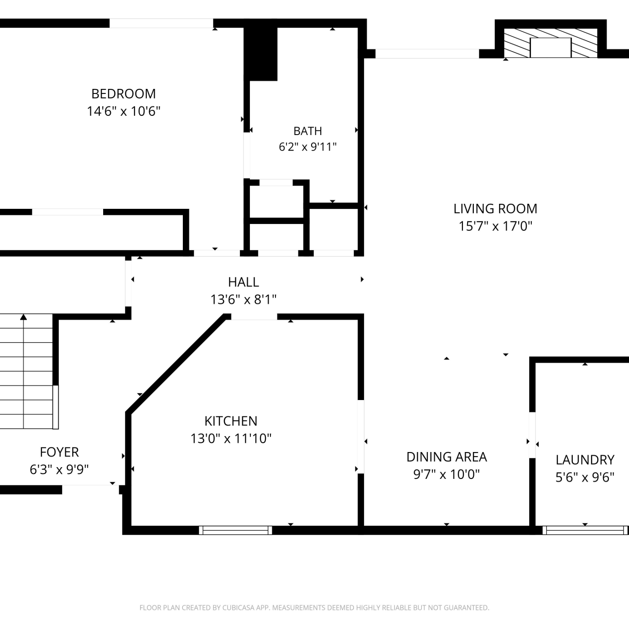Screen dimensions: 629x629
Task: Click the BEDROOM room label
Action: point(124,94)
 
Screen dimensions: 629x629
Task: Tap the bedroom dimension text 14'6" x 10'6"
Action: point(124,111)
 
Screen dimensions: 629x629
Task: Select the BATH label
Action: point(308,131)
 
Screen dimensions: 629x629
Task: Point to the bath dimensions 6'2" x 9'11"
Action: point(308,147)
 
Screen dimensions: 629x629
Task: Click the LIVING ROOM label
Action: point(495,208)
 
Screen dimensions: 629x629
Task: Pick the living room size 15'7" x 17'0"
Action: point(495,226)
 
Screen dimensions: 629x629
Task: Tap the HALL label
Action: point(244,282)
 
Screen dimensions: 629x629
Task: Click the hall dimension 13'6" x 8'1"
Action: point(244,299)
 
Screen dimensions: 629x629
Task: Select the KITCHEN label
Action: point(231,421)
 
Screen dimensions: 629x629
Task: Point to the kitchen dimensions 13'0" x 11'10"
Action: point(231,439)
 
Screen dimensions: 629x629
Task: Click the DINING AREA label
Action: point(447,457)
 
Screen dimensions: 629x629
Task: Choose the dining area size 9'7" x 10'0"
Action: point(447,474)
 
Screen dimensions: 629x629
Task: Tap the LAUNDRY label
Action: point(585,460)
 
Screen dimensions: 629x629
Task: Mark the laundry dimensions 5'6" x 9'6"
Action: point(585,477)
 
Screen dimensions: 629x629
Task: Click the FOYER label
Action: point(59,452)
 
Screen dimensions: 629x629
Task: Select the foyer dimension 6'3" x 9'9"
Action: point(59,470)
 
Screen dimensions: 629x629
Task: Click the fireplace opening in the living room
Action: point(551,47)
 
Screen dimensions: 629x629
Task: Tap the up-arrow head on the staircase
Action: point(23,317)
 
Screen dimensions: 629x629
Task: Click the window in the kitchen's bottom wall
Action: point(235,530)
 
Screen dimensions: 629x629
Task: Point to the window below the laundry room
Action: point(585,530)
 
